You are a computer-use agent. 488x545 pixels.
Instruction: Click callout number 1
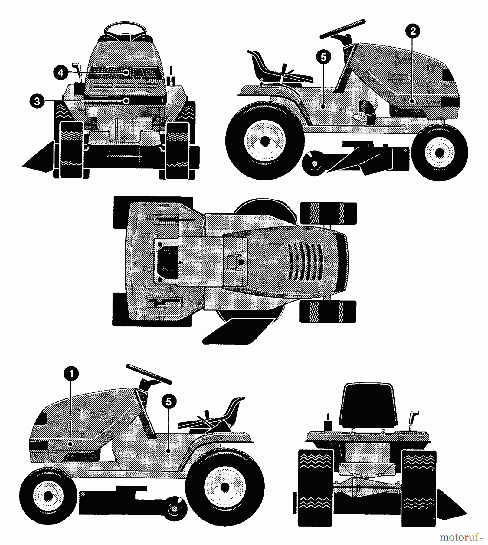click(x=71, y=374)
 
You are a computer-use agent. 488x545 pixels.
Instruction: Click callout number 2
click(x=413, y=31)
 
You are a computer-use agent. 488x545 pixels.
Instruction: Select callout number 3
click(x=37, y=101)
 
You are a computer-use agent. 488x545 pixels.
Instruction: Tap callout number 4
click(x=61, y=73)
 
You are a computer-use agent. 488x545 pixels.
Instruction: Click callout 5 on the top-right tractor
click(x=323, y=57)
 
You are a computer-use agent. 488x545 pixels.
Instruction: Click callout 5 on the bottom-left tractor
click(x=169, y=401)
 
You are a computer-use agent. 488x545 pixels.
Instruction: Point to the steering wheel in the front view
click(x=125, y=29)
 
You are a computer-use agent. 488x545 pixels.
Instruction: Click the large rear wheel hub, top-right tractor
click(x=265, y=140)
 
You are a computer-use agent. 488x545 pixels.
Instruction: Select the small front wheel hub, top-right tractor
click(x=440, y=153)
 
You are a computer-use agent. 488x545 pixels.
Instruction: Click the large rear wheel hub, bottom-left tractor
click(x=224, y=487)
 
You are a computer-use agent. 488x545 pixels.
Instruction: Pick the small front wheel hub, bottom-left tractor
click(x=48, y=496)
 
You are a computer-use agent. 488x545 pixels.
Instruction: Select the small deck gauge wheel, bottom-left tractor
click(x=175, y=509)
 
